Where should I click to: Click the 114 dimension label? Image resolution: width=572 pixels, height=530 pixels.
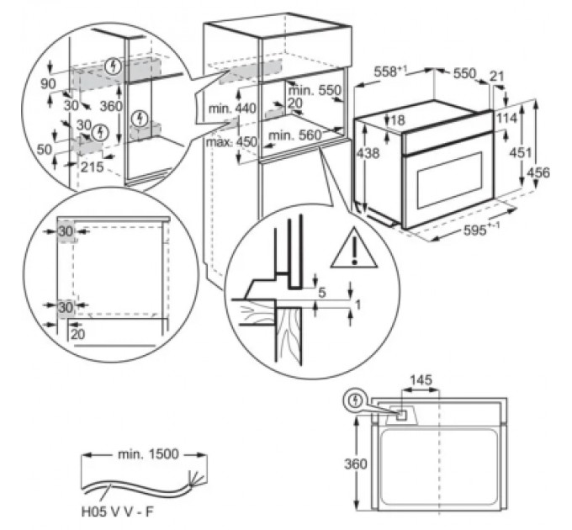tap(506, 118)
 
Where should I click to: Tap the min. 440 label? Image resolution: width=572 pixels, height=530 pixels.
tap(232, 109)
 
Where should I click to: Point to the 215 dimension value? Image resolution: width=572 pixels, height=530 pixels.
tap(92, 167)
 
